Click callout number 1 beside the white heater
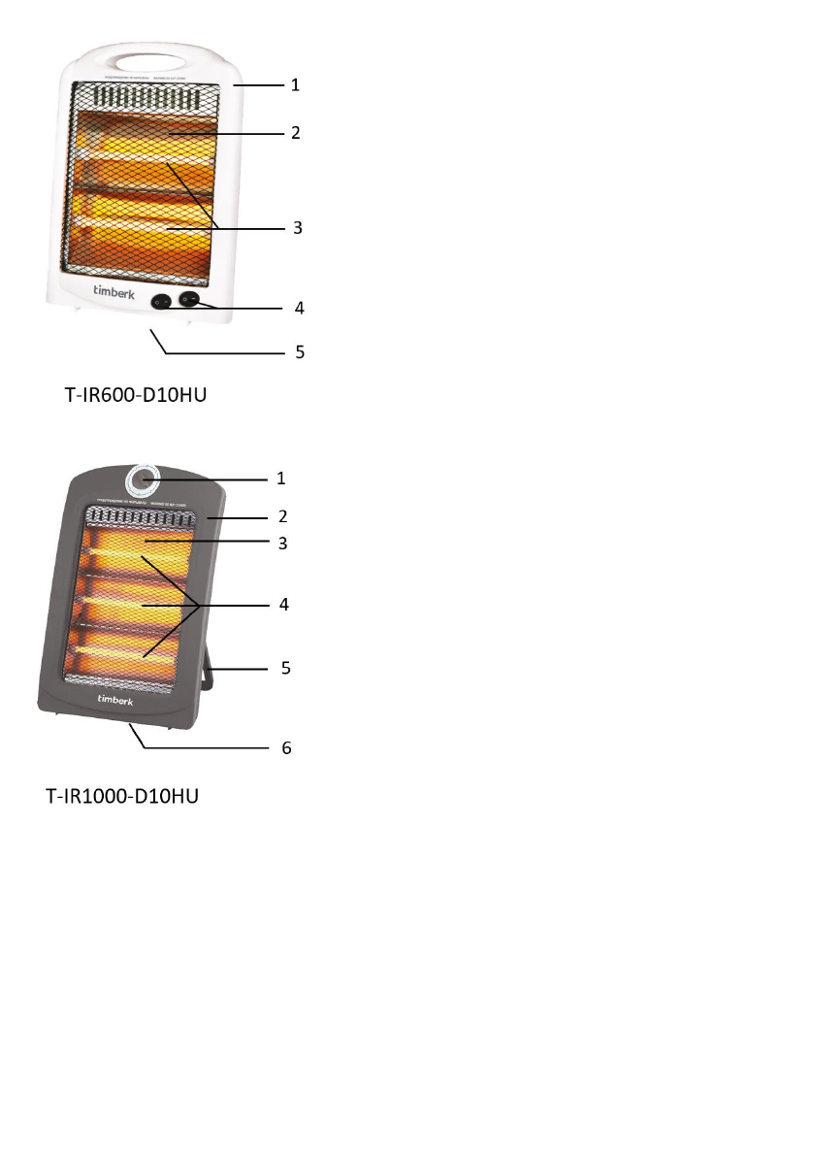(295, 85)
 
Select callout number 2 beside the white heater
(295, 133)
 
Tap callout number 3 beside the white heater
(299, 228)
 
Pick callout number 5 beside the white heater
(300, 352)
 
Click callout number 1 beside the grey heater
(281, 479)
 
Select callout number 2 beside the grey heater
(282, 515)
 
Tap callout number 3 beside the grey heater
(282, 544)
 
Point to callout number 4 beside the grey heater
(284, 604)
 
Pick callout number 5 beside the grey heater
(284, 669)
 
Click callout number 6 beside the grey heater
(284, 748)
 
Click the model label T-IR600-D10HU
(136, 396)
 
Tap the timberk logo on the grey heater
(115, 700)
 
